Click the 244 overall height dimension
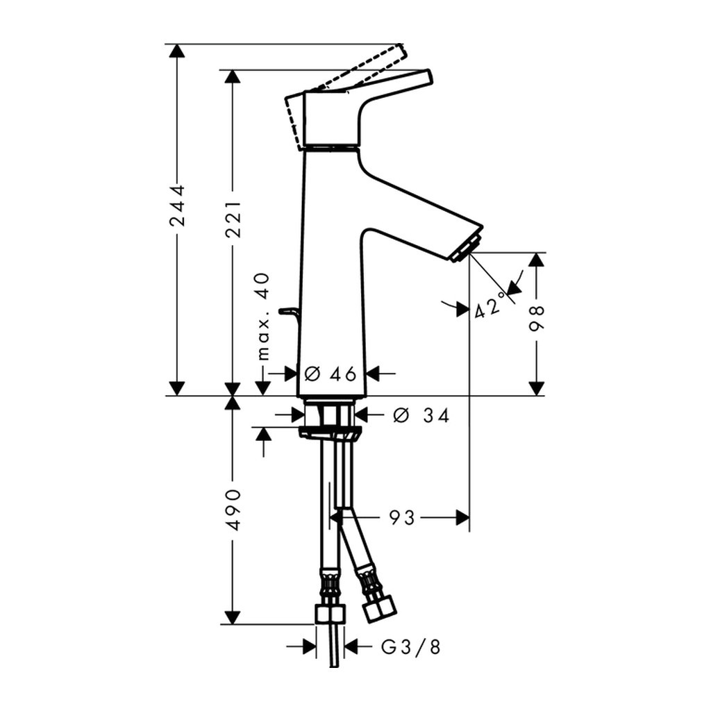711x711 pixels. (177, 205)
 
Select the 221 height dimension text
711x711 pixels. (233, 220)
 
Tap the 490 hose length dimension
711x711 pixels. (233, 509)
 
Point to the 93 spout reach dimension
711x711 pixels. (402, 517)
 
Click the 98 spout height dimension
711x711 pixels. (537, 319)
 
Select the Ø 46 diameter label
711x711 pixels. (331, 374)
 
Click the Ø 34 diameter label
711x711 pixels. (421, 415)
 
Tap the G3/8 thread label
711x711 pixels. (411, 646)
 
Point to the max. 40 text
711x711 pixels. (263, 317)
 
